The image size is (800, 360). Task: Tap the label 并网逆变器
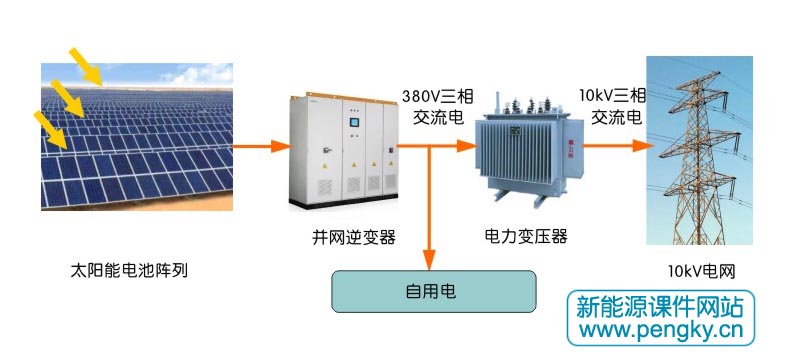[x=354, y=237]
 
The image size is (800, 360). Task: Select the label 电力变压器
[x=526, y=237]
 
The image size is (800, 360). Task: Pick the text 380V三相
[x=437, y=96]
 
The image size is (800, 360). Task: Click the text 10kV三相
[x=613, y=96]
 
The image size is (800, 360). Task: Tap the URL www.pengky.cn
[x=662, y=330]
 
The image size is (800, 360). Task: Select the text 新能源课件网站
[x=662, y=306]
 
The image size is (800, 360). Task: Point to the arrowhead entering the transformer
[x=466, y=146]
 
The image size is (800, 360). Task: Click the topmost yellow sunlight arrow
[x=86, y=65]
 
